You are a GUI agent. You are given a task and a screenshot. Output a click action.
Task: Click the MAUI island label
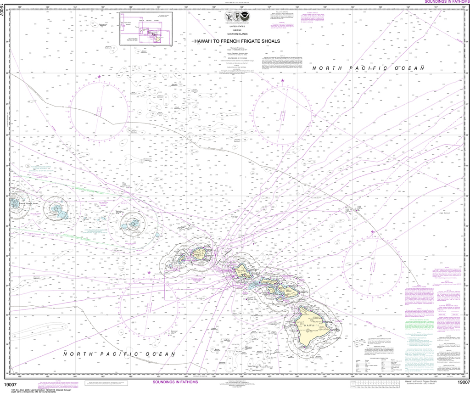point(288,290)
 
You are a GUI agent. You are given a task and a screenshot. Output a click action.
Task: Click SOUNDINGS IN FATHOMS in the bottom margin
point(175,382)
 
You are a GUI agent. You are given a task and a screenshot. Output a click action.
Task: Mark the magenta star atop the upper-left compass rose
point(99,76)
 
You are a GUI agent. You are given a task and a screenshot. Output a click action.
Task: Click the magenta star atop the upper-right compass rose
point(282,81)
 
